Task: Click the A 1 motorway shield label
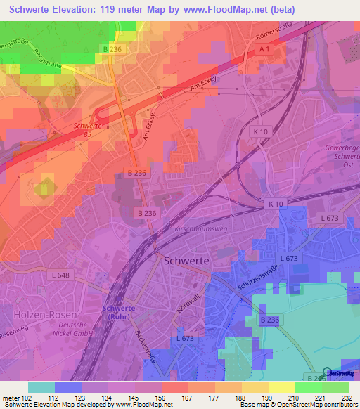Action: (264, 48)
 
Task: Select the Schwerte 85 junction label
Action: (83, 129)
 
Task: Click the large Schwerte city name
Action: (186, 259)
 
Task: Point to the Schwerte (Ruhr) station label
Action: (119, 311)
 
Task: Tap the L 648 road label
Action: (60, 275)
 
